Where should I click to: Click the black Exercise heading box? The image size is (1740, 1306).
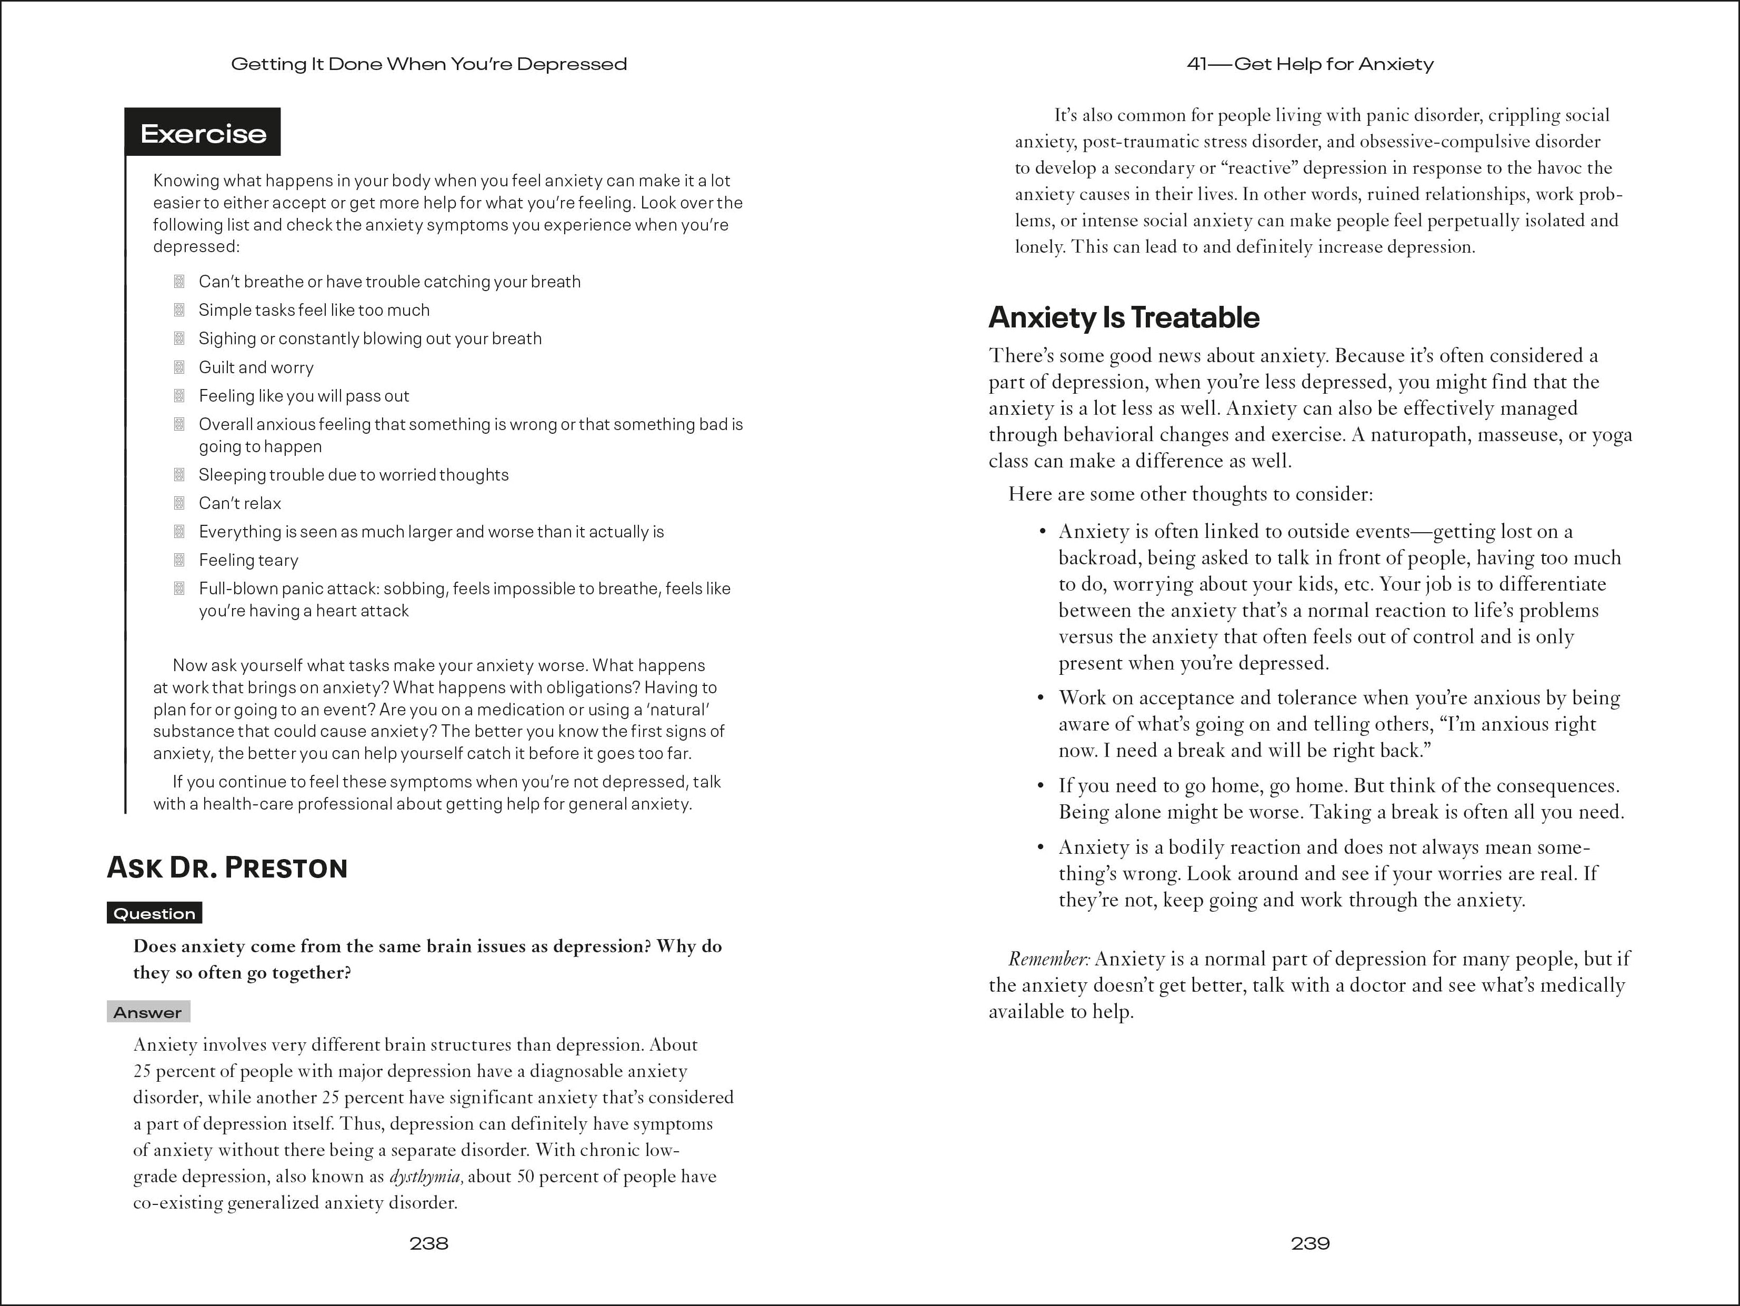pos(203,133)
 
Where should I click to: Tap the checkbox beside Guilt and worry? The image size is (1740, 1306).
pos(179,367)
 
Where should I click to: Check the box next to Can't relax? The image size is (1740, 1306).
pos(179,503)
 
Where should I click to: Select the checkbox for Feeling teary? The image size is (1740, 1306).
pos(179,560)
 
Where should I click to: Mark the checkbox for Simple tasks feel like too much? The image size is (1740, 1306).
pos(179,310)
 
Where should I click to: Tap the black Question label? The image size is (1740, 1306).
pos(154,913)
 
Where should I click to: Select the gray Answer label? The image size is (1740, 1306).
pos(148,1013)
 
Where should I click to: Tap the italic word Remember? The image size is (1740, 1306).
pos(1048,959)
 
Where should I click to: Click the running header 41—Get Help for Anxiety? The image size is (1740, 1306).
pos(1309,65)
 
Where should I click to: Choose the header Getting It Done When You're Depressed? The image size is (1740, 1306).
pos(429,65)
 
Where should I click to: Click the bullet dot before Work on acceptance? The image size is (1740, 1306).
pos(1041,698)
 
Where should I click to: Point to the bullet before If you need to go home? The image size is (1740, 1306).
pos(1041,786)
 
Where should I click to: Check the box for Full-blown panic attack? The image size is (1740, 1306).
pos(179,589)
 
